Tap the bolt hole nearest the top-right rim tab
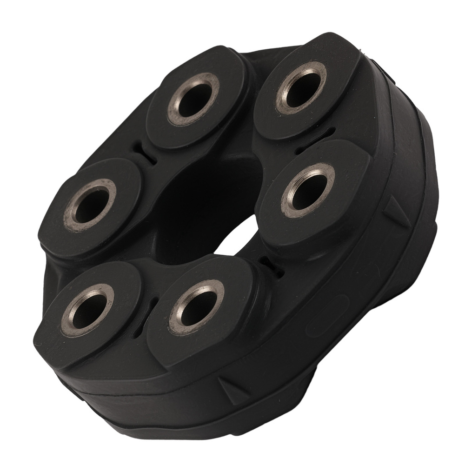(300, 88)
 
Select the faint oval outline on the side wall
(326, 317)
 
